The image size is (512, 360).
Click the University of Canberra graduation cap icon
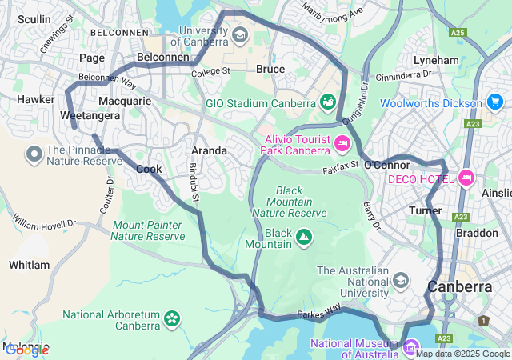tap(239, 36)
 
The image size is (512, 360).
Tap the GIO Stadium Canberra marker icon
tap(327, 102)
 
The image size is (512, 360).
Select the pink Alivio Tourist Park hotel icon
tap(342, 144)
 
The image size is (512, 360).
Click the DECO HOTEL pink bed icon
tap(466, 178)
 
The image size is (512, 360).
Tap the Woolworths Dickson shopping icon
tap(494, 102)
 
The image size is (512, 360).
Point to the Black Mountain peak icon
tap(304, 237)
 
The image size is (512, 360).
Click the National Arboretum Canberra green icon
tap(171, 319)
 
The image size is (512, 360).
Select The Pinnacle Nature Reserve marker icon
tap(34, 154)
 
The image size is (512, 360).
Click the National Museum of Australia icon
tap(411, 346)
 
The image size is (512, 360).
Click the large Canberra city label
tap(460, 286)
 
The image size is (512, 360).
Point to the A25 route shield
tap(457, 33)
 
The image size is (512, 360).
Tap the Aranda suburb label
tap(210, 150)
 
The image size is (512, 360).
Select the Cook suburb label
tap(149, 169)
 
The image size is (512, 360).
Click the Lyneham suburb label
tap(436, 60)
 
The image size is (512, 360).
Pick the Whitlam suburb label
tap(29, 265)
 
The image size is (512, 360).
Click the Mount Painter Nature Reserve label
tap(148, 230)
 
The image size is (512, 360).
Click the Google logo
tap(26, 350)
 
